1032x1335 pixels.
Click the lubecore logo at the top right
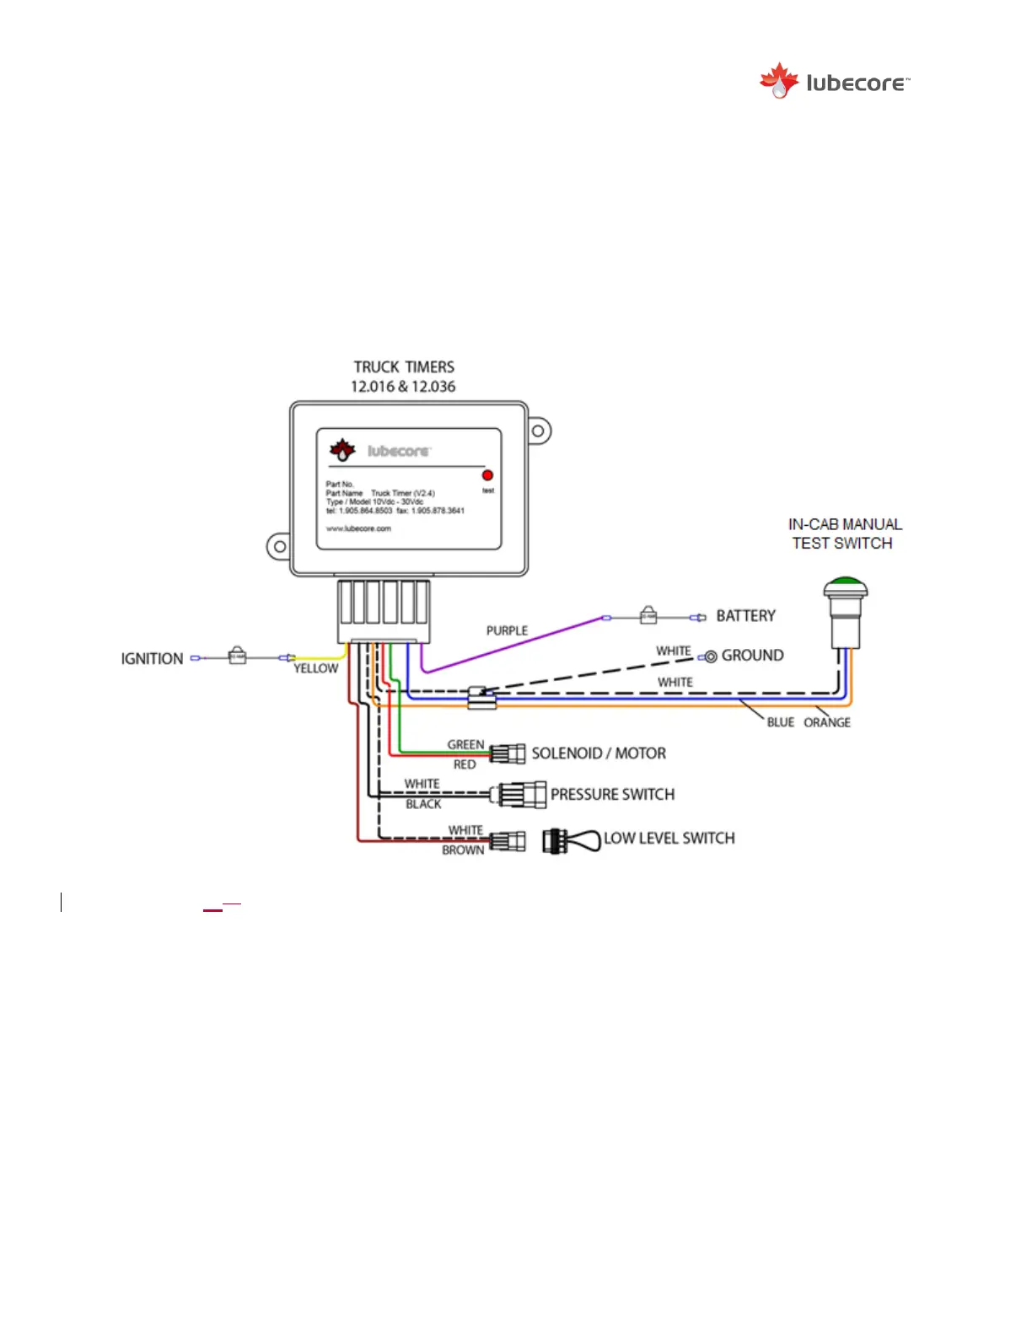point(834,82)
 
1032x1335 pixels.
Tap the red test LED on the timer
point(487,475)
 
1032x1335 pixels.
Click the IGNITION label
point(152,658)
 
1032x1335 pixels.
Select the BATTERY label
point(745,616)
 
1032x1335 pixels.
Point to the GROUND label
point(752,656)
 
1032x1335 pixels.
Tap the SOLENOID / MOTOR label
point(599,753)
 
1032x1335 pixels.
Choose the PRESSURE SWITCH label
point(612,795)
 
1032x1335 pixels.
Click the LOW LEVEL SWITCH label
point(669,839)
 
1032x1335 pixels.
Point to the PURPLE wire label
point(507,630)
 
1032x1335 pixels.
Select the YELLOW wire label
point(315,668)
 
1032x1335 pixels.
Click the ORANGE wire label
point(826,722)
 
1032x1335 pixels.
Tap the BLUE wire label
point(780,722)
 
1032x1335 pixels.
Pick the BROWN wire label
point(463,850)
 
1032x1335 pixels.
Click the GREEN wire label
point(465,744)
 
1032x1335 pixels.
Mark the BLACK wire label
point(423,804)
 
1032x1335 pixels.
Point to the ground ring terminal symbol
point(711,657)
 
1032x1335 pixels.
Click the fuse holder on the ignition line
point(238,656)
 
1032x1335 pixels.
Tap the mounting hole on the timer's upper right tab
point(537,432)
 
